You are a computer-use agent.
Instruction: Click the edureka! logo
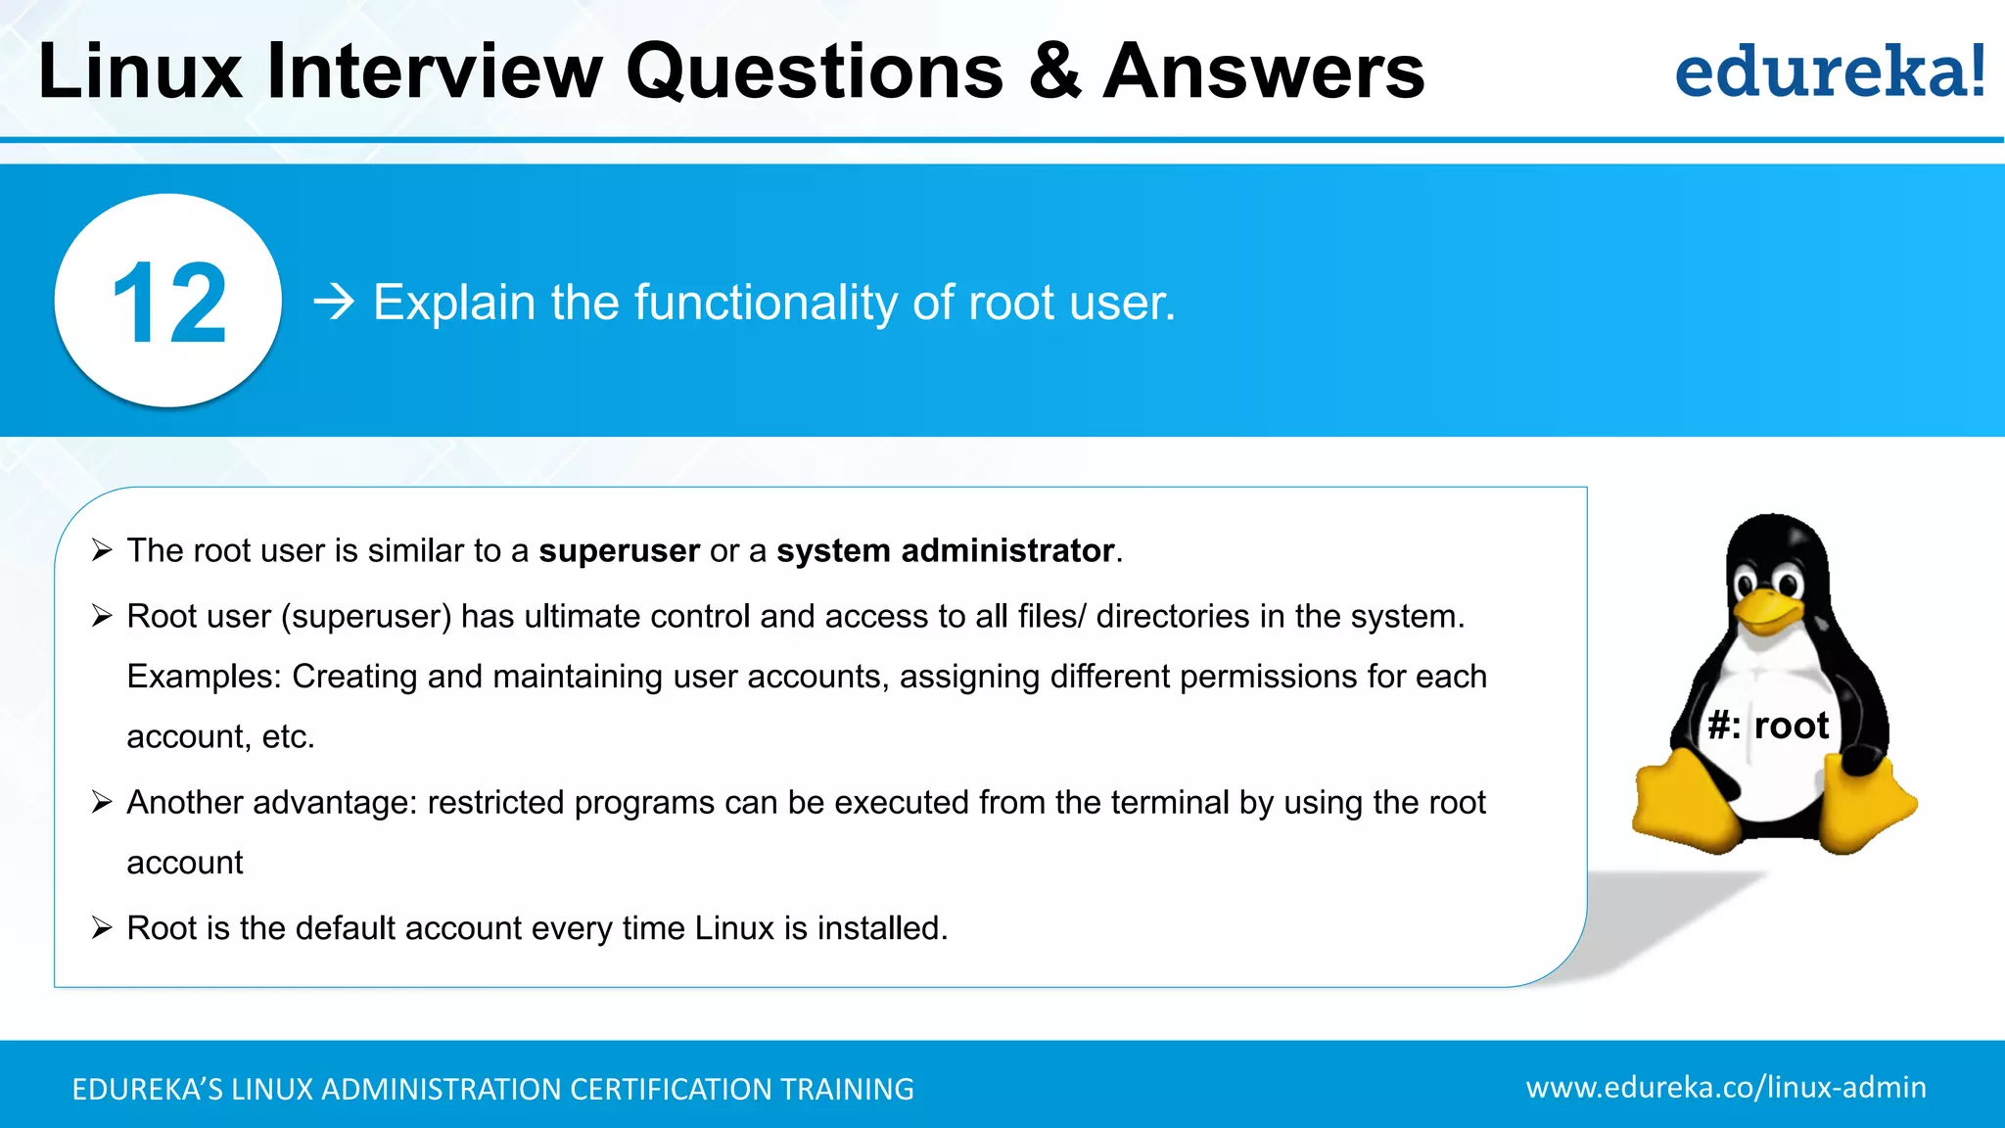[1829, 72]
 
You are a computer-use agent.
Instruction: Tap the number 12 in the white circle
[169, 304]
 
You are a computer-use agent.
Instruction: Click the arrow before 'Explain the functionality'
[334, 303]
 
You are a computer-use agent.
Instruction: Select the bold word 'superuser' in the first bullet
[619, 551]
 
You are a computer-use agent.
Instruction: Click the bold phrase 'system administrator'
[945, 551]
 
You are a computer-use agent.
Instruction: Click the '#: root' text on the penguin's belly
[1768, 726]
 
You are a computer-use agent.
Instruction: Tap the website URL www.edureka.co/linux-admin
[1725, 1087]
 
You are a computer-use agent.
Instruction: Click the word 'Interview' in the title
[435, 72]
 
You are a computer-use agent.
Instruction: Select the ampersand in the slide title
[1054, 72]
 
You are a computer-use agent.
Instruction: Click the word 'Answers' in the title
[1263, 72]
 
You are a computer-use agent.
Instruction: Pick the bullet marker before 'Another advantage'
[102, 803]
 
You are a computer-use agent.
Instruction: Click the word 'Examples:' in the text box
[204, 677]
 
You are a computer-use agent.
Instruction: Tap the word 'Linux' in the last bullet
[733, 928]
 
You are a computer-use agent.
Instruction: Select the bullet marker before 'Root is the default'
[102, 928]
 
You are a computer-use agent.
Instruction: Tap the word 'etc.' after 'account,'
[288, 737]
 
